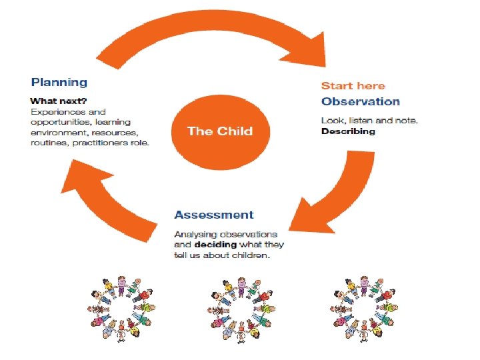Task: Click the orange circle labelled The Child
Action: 219,131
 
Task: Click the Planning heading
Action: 59,82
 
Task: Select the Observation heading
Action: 360,101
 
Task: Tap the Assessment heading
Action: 213,215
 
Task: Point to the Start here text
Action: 353,85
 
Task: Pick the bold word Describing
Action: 348,131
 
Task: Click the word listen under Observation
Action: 359,120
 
